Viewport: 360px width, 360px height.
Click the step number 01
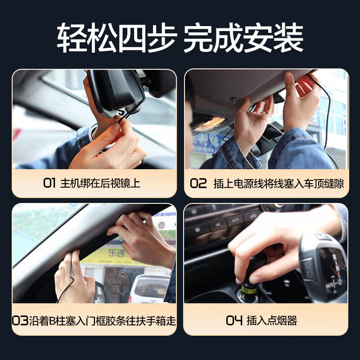click(x=49, y=183)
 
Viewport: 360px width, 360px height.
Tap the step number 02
click(x=198, y=183)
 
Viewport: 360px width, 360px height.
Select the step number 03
click(x=20, y=321)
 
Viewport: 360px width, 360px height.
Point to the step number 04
click(x=234, y=321)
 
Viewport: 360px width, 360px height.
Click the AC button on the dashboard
click(x=218, y=224)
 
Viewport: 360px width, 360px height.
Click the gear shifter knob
click(x=324, y=265)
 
